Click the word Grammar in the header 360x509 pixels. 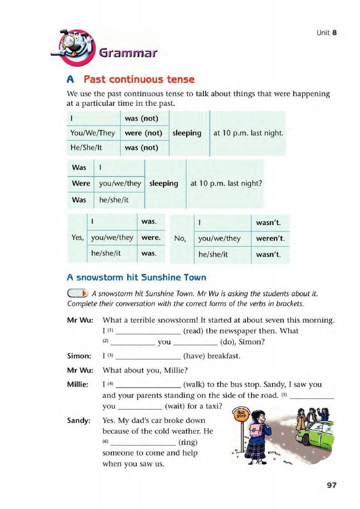(128, 54)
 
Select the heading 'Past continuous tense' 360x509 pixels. (139, 79)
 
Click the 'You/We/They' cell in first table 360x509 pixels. (93, 133)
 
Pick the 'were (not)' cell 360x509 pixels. (143, 133)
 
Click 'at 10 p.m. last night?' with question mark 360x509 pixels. (227, 184)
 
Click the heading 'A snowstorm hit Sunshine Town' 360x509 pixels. (136, 277)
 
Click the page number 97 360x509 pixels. (331, 485)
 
